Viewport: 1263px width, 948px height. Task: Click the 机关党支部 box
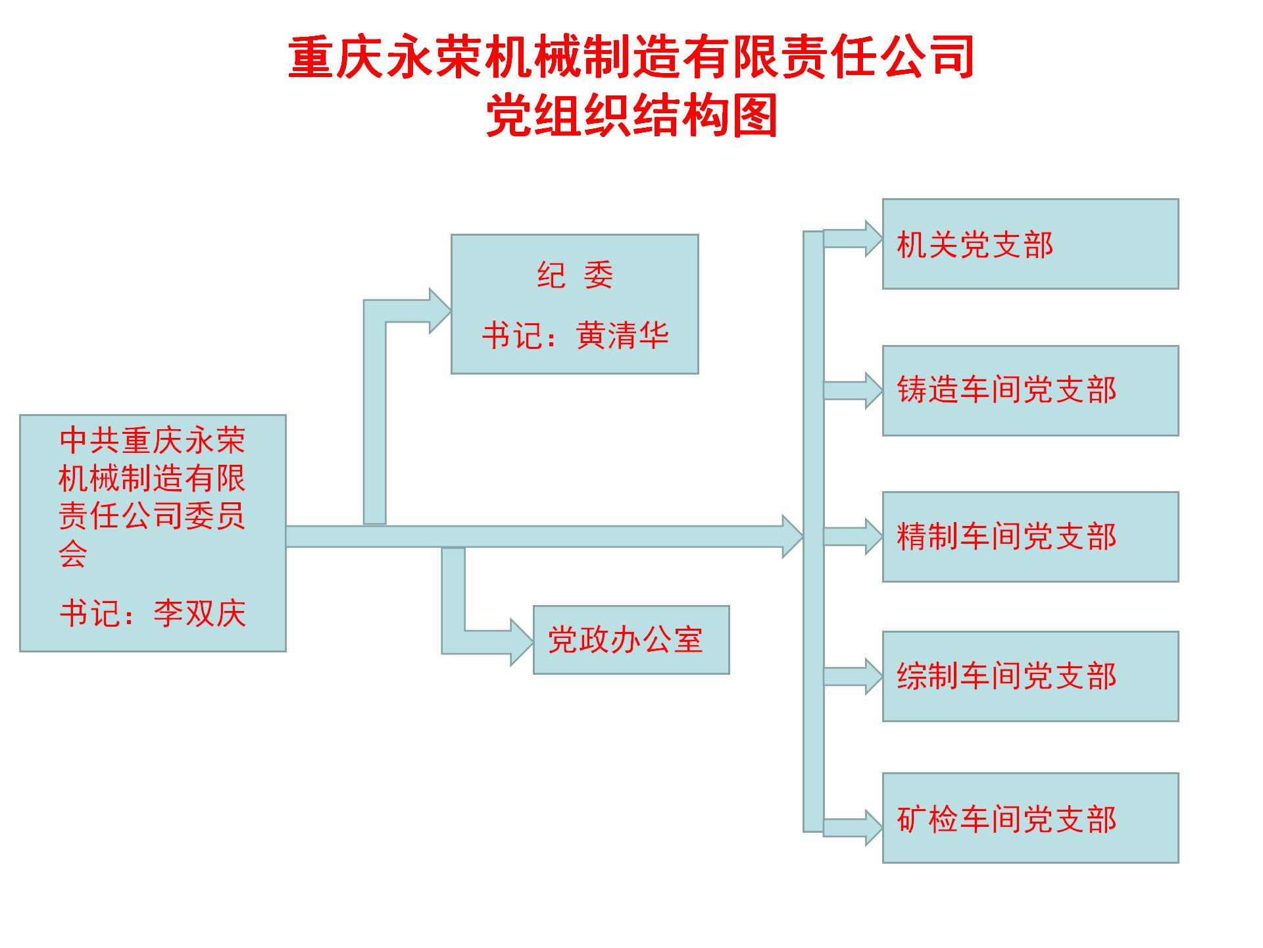tap(1030, 244)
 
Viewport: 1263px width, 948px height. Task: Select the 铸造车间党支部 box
tap(1030, 390)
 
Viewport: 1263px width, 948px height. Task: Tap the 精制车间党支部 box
tap(1030, 537)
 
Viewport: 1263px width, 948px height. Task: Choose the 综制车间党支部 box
tap(1030, 676)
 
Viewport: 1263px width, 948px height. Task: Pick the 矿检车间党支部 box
tap(1030, 818)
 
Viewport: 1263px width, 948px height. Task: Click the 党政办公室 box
tap(631, 640)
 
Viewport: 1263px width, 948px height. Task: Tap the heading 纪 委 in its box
tap(575, 275)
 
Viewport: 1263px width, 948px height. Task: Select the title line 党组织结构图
tap(631, 116)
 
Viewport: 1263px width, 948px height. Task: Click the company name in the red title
tap(631, 58)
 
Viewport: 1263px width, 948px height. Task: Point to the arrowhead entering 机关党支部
tap(874, 238)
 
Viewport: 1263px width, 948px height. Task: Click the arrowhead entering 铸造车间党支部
tap(874, 390)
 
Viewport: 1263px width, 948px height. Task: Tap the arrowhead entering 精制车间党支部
tap(874, 537)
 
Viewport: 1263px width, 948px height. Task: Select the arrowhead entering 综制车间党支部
tap(874, 676)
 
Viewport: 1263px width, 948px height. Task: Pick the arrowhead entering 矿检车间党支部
tap(874, 828)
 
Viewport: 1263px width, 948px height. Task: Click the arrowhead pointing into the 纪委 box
tap(439, 311)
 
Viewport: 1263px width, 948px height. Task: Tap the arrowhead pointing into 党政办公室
tap(522, 642)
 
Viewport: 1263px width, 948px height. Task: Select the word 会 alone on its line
tap(72, 554)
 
